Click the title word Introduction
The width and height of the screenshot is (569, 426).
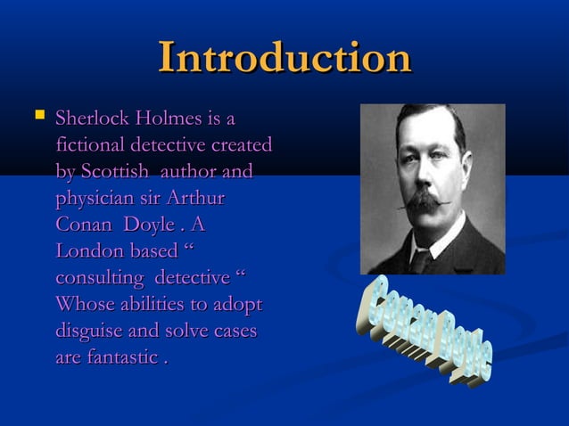click(x=284, y=58)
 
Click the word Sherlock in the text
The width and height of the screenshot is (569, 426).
click(x=88, y=118)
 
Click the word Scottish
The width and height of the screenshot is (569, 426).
click(x=114, y=171)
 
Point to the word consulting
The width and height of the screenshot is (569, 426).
click(x=98, y=278)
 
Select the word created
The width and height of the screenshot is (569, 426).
click(x=240, y=144)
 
